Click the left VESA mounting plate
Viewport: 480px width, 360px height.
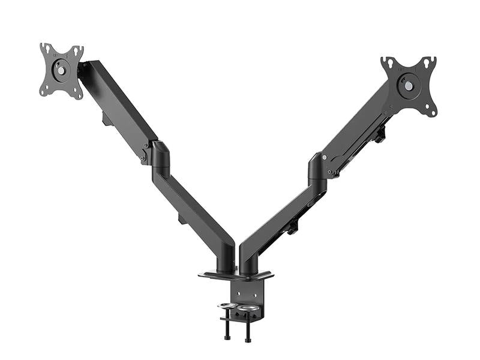pyautogui.click(x=61, y=70)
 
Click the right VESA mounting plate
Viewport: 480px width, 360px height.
pyautogui.click(x=409, y=86)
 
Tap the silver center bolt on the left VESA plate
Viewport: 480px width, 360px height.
pyautogui.click(x=60, y=69)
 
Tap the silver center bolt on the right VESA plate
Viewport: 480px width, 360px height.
pyautogui.click(x=409, y=86)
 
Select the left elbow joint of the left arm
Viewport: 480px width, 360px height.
pyautogui.click(x=160, y=154)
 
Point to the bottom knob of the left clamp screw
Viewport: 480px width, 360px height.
pyautogui.click(x=227, y=338)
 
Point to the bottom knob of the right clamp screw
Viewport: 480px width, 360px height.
pyautogui.click(x=248, y=340)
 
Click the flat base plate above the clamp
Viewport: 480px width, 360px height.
pyautogui.click(x=235, y=276)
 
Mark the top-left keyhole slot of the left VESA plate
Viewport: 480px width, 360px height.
pyautogui.click(x=45, y=48)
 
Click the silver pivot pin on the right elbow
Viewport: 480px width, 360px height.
pyautogui.click(x=325, y=157)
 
